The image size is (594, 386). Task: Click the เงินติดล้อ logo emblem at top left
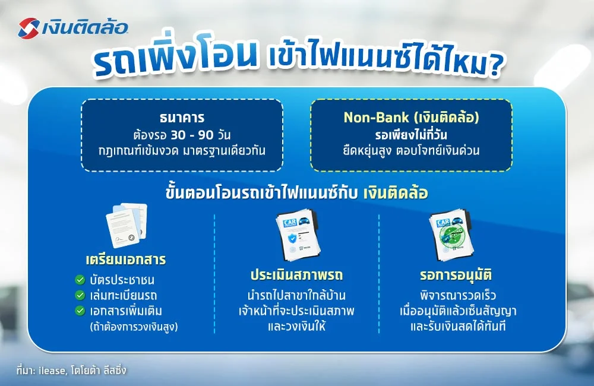click(30, 27)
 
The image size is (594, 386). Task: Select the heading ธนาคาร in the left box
click(182, 117)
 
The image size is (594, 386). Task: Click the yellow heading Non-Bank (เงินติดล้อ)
click(411, 118)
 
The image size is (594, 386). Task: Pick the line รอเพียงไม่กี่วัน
click(411, 134)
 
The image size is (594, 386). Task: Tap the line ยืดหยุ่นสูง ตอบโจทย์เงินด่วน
click(411, 151)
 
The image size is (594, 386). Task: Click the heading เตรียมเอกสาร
click(125, 260)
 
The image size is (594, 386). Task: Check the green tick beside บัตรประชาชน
click(79, 280)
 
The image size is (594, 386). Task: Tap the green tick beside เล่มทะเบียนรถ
click(79, 295)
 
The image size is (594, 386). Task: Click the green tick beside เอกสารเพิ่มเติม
click(79, 310)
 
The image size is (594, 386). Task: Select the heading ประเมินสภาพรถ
click(296, 276)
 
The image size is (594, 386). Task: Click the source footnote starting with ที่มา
click(72, 370)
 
